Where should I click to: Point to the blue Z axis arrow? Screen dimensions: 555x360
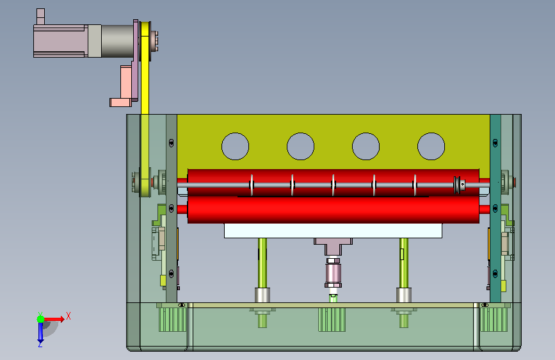click(40, 332)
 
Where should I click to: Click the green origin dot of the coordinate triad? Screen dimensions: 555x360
click(41, 319)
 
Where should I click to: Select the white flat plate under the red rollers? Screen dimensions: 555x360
click(333, 231)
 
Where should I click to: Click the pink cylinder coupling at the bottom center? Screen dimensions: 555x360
click(333, 273)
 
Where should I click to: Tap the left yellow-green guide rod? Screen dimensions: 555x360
click(262, 263)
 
